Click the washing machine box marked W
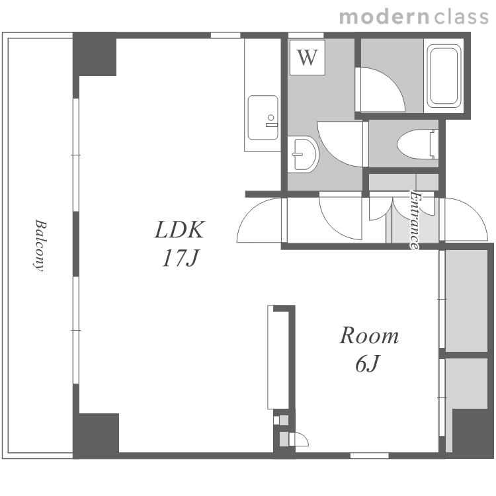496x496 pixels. (x=308, y=58)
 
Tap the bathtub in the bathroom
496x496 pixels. (x=444, y=76)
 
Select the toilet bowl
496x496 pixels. (x=417, y=144)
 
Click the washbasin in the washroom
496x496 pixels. (x=303, y=155)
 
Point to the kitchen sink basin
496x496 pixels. (x=263, y=118)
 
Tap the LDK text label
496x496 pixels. (x=180, y=230)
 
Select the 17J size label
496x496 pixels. (x=181, y=258)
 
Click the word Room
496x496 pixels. (x=369, y=335)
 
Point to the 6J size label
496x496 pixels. (x=367, y=364)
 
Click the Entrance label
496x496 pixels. (x=415, y=220)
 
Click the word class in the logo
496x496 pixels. (x=461, y=17)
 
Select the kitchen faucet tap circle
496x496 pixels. (x=270, y=118)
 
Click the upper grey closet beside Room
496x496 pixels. (x=466, y=300)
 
